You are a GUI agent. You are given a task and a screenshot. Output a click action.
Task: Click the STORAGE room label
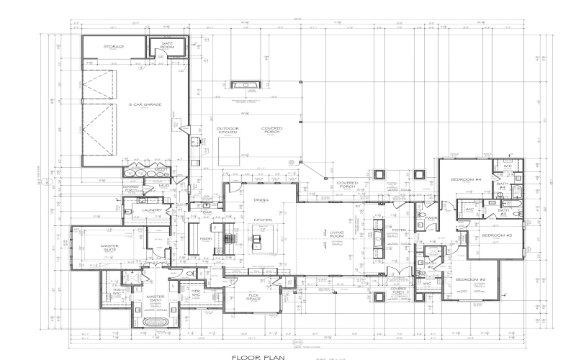coord(113,47)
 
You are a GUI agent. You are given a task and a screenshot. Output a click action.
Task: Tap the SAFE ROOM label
coord(168,45)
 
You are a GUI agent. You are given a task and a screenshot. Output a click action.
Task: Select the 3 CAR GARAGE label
coord(144,105)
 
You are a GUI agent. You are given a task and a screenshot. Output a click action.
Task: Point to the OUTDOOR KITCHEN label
coord(228,130)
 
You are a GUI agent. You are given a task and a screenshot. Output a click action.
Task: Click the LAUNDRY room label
coord(151,210)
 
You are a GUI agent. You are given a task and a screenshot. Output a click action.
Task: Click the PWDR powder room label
coord(432,217)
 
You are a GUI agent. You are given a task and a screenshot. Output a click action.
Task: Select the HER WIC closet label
coord(194,293)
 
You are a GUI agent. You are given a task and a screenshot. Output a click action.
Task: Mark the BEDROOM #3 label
coord(496,235)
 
